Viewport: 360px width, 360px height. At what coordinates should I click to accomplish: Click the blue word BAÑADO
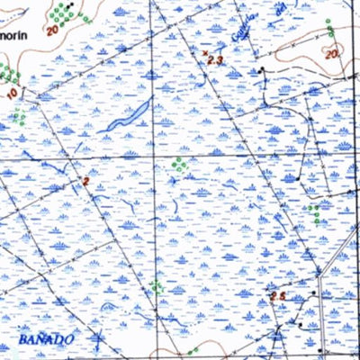tap(44, 340)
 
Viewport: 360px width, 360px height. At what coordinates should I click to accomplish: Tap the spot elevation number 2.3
tap(215, 58)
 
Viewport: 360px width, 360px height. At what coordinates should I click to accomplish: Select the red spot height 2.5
tap(278, 296)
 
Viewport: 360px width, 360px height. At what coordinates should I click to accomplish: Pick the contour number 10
tap(12, 93)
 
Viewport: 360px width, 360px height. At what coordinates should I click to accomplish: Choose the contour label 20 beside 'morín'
tap(49, 30)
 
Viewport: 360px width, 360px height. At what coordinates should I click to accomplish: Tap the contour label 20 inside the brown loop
tap(332, 55)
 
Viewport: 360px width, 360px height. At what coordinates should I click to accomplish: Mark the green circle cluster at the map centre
tap(179, 165)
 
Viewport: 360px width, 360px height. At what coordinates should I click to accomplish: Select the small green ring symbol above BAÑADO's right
tap(156, 286)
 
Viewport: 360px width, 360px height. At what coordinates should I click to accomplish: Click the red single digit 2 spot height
tap(85, 182)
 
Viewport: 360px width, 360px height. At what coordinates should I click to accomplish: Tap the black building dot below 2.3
tap(261, 68)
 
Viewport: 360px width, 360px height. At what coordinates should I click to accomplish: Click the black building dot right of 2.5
tap(312, 294)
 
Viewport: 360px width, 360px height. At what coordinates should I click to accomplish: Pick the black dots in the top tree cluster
tap(69, 6)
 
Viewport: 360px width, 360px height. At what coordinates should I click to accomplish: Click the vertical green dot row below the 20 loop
tap(314, 214)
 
